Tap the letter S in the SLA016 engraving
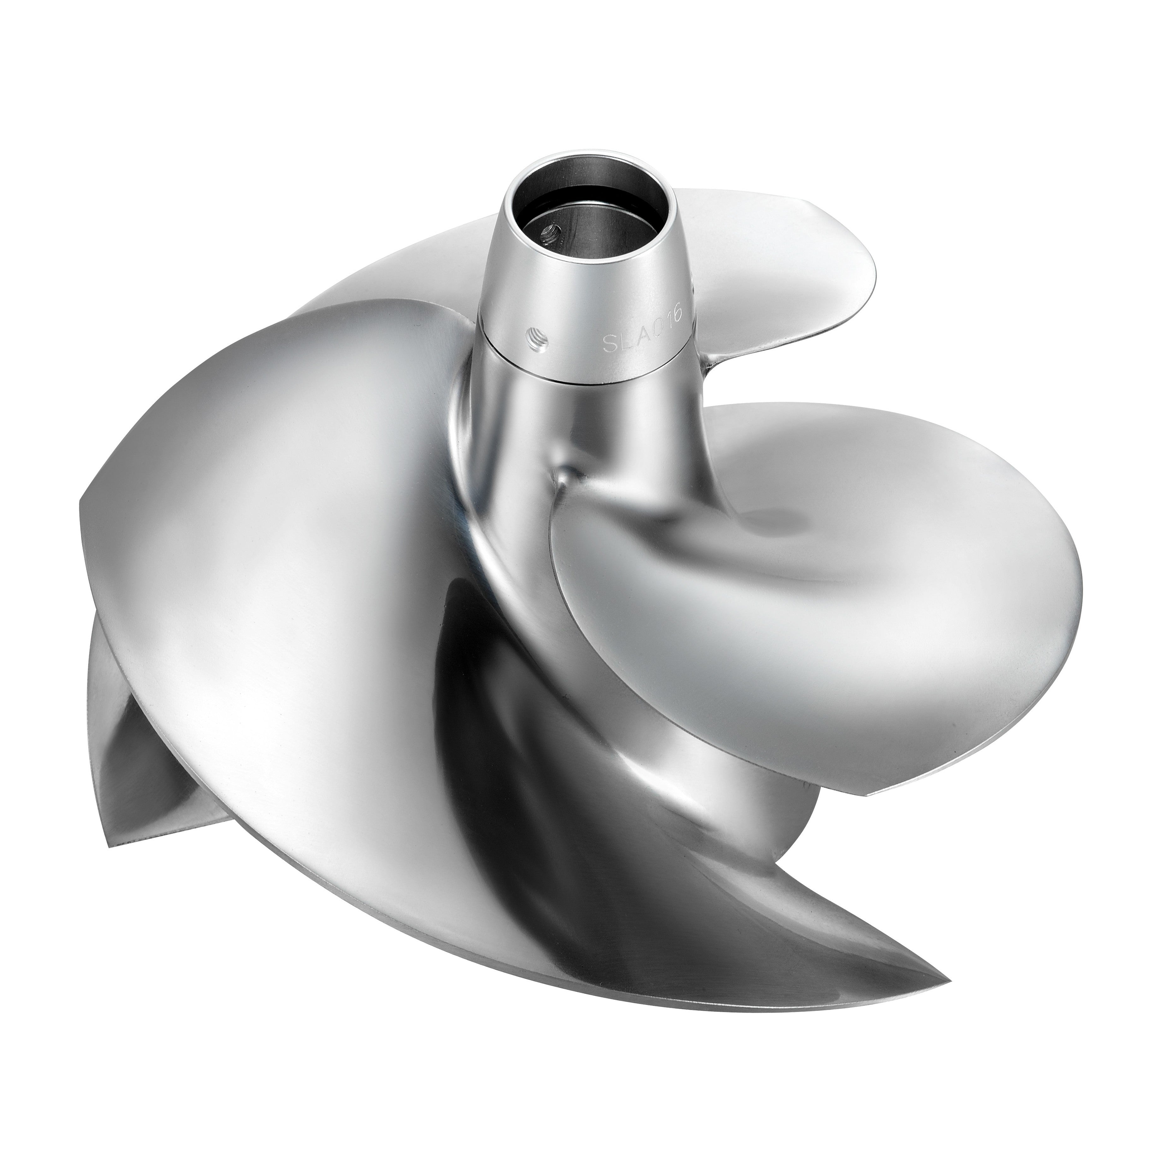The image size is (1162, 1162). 609,348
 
